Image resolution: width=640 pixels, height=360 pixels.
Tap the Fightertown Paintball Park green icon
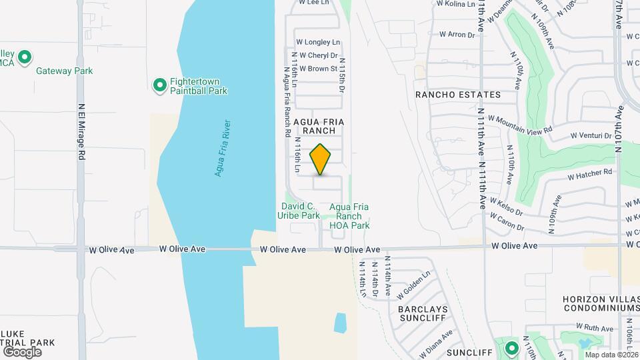click(160, 85)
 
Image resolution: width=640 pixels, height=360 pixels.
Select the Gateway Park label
click(64, 71)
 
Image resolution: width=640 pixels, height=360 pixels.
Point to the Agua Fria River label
click(223, 148)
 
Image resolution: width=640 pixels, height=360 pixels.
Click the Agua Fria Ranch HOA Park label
click(349, 216)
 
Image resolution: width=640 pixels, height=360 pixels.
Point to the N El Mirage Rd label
click(82, 130)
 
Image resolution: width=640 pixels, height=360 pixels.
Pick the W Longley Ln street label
click(317, 42)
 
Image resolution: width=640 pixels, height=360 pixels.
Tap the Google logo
click(22, 351)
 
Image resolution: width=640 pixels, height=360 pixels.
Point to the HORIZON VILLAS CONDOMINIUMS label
click(601, 303)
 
